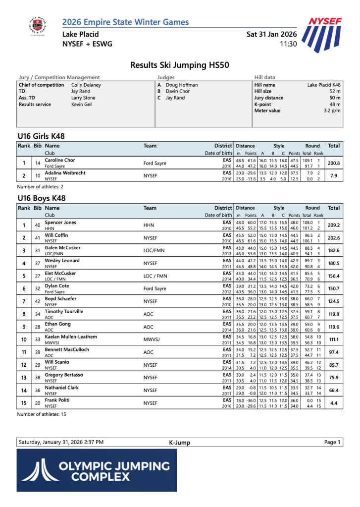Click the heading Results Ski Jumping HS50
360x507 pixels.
click(x=179, y=65)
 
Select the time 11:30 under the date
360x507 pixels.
click(x=288, y=44)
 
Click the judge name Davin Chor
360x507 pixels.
click(x=178, y=91)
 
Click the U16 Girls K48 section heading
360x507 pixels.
click(x=41, y=136)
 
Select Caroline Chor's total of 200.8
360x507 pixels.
click(x=334, y=163)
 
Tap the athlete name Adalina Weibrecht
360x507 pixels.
click(x=65, y=173)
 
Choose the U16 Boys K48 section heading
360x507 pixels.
click(x=42, y=198)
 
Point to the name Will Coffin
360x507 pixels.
click(x=56, y=235)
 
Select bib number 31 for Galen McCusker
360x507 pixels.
click(x=37, y=250)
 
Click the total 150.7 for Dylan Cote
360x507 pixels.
click(x=334, y=288)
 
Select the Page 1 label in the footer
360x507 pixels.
click(x=332, y=442)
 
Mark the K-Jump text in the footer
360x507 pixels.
click(x=179, y=443)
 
